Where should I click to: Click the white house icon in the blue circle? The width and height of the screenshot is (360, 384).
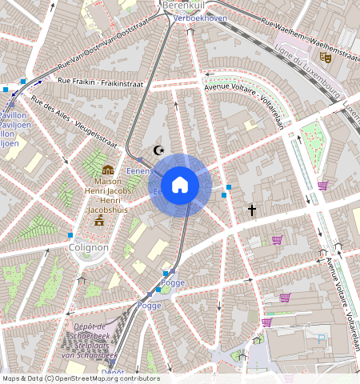pyautogui.click(x=180, y=185)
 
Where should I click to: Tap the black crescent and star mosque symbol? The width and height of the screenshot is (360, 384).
pyautogui.click(x=158, y=150)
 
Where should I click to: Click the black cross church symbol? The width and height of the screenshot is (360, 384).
pyautogui.click(x=251, y=210)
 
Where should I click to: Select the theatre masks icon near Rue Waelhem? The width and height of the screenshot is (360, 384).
pyautogui.click(x=325, y=57)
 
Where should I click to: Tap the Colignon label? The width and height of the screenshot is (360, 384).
pyautogui.click(x=88, y=248)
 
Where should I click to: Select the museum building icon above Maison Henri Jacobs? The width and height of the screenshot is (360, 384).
pyautogui.click(x=108, y=170)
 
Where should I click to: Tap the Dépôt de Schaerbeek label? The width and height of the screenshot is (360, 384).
pyautogui.click(x=90, y=340)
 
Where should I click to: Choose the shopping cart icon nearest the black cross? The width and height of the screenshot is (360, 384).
pyautogui.click(x=277, y=239)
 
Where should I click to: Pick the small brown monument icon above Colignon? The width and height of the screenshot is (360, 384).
pyautogui.click(x=100, y=220)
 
